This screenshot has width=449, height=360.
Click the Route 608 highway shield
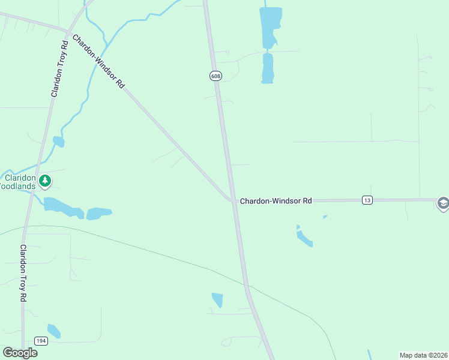tap(215, 76)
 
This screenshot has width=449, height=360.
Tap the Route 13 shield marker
tap(367, 200)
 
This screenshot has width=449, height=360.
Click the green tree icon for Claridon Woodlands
tap(44, 180)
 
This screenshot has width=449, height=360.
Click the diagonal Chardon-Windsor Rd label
tap(98, 62)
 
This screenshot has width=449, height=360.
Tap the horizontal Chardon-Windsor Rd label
tap(276, 201)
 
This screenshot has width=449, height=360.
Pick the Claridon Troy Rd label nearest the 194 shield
tap(23, 273)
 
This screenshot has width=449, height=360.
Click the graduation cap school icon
tap(443, 203)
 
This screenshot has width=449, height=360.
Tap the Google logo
tap(20, 352)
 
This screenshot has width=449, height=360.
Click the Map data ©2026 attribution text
tap(423, 355)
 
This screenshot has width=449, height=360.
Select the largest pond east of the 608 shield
tap(270, 27)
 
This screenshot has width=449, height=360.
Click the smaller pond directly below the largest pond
tap(268, 68)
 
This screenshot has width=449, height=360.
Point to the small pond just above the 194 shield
tap(53, 331)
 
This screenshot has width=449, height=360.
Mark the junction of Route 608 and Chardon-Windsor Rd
tap(233, 200)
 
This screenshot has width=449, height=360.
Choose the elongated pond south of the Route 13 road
tap(304, 238)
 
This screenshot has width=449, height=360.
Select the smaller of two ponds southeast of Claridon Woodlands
tap(99, 213)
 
